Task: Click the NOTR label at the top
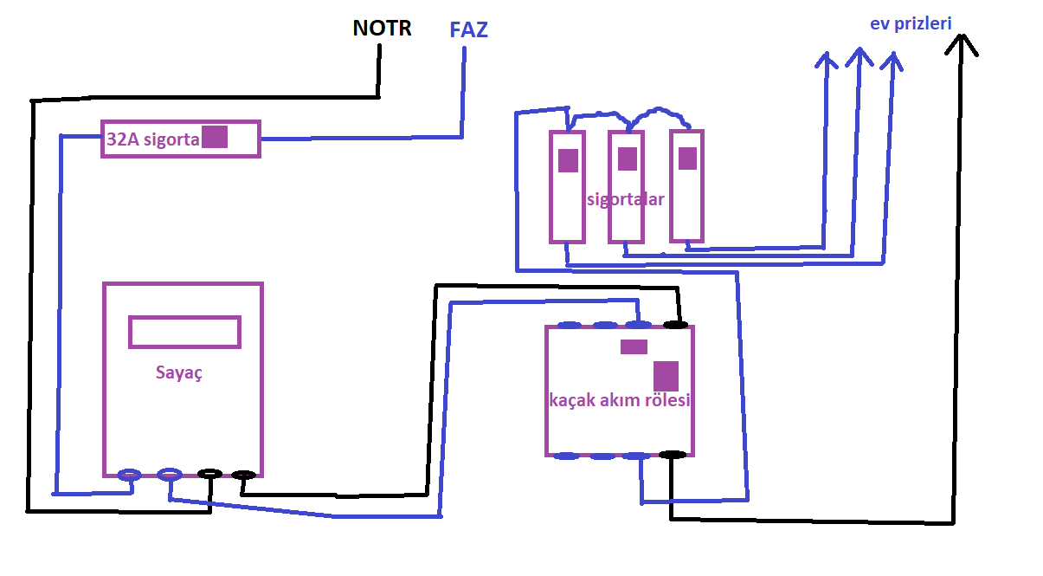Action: tap(382, 29)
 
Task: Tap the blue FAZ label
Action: tap(468, 30)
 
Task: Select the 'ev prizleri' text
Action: tap(911, 23)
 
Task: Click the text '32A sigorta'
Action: tap(152, 139)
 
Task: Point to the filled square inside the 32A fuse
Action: tap(215, 137)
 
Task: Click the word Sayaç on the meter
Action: tap(179, 372)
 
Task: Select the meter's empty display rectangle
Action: tap(184, 332)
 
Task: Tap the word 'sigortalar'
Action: tap(626, 199)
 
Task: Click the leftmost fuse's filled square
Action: tap(568, 161)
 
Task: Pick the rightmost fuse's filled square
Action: tap(687, 159)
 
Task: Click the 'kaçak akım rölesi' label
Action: tap(620, 401)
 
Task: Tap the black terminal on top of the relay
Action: tap(675, 325)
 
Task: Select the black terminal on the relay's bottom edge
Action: tap(673, 454)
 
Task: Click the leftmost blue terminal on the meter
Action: tap(129, 474)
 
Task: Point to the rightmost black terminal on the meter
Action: tap(243, 475)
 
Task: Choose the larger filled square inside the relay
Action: tap(666, 376)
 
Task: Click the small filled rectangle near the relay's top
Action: tap(634, 347)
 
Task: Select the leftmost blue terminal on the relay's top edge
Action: tap(569, 326)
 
